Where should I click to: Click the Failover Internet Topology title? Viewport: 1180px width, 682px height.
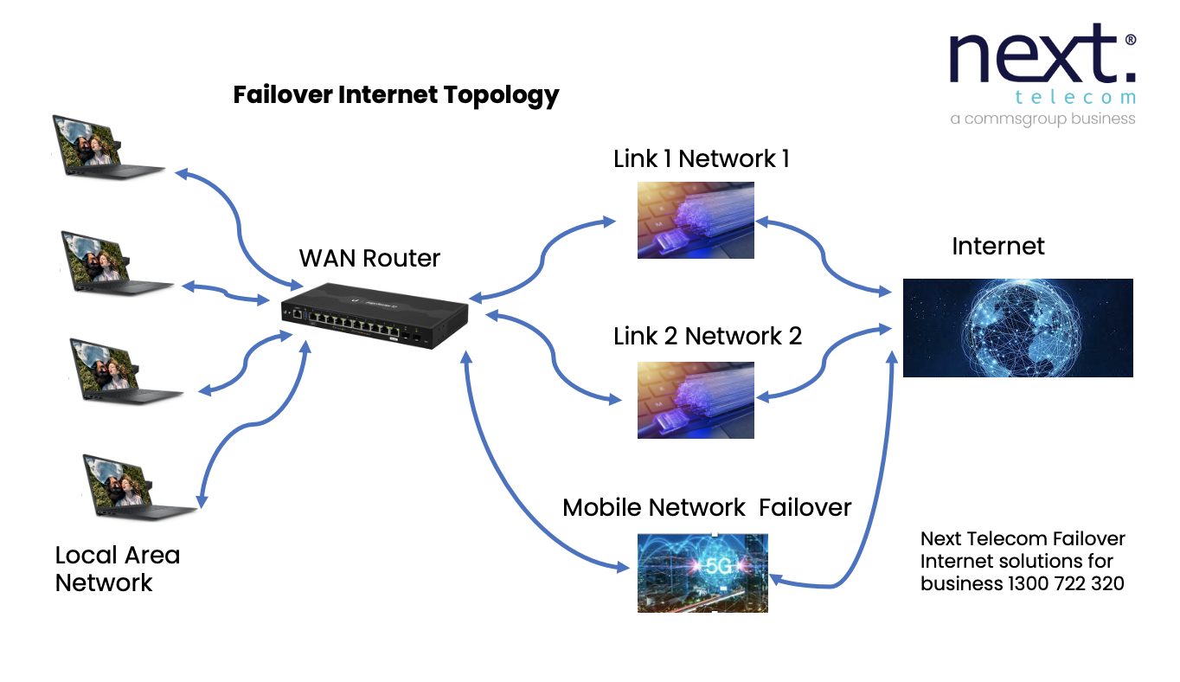tap(396, 94)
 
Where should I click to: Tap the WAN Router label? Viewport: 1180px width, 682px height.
tap(369, 258)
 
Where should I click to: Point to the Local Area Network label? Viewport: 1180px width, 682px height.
tap(117, 569)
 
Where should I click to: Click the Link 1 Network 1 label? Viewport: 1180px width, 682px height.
tap(701, 159)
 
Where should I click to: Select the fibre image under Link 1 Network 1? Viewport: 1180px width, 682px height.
tap(696, 220)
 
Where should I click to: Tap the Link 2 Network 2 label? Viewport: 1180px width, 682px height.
tap(708, 336)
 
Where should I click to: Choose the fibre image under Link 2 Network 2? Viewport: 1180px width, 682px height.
tap(696, 400)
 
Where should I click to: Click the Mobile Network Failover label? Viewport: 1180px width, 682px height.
tap(707, 507)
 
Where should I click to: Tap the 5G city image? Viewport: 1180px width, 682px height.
tap(702, 572)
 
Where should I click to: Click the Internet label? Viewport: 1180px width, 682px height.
tap(997, 247)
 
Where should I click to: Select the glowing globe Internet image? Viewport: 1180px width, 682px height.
tap(1017, 327)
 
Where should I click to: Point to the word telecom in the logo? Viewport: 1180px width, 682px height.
tap(1075, 97)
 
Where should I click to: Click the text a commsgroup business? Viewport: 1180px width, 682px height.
tap(1042, 119)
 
